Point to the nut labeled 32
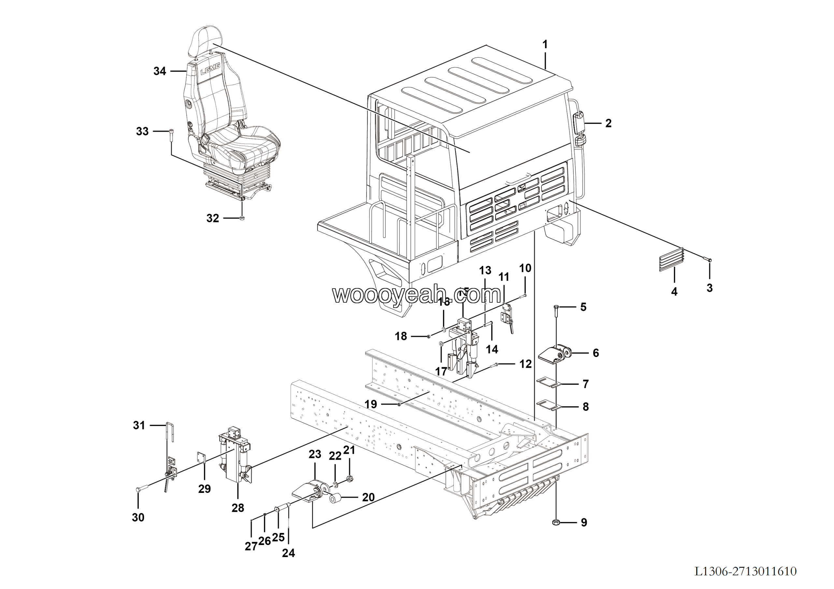[243, 218]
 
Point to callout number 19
[370, 404]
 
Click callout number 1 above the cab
[545, 45]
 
